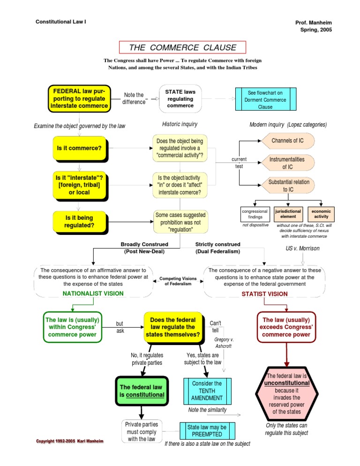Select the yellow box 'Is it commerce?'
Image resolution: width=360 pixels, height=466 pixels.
[x=78, y=149]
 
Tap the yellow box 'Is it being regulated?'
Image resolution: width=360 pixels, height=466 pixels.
[x=79, y=221]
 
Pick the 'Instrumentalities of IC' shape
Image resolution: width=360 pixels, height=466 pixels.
[x=287, y=163]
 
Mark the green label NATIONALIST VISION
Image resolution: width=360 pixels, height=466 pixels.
[x=93, y=293]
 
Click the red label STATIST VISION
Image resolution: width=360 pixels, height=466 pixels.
[x=264, y=294]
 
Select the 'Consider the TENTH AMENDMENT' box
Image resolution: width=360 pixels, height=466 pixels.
[x=206, y=391]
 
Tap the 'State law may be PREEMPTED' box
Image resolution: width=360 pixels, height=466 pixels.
[x=207, y=430]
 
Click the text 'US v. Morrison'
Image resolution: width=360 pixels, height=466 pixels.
[x=302, y=248]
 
